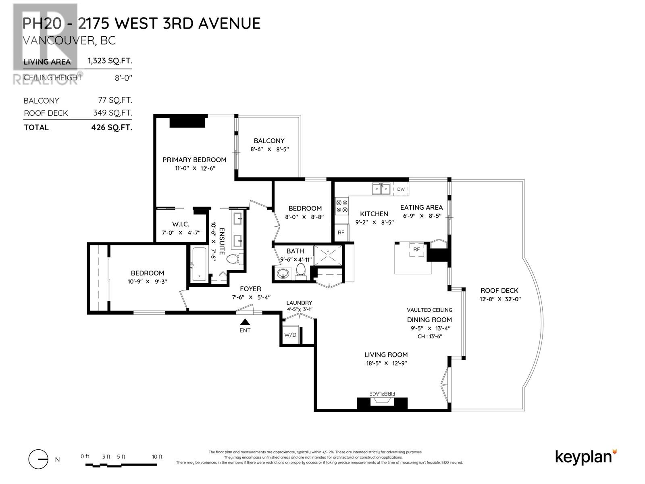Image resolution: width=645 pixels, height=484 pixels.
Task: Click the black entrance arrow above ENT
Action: [x=245, y=322]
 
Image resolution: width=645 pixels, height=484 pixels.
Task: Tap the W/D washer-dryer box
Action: [x=290, y=335]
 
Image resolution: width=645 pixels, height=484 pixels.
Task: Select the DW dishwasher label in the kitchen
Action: [x=401, y=189]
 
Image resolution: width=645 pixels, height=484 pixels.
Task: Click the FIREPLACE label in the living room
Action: [x=383, y=393]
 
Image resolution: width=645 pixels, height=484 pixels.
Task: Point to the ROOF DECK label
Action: [x=499, y=290]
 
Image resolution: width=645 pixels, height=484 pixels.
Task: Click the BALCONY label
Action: [x=269, y=141]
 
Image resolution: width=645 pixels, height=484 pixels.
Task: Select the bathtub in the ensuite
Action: [x=199, y=264]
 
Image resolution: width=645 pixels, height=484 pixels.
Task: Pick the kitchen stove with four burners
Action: [x=342, y=207]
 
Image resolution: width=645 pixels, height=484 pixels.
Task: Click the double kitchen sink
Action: [x=381, y=188]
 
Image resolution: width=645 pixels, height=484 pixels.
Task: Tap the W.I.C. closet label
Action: [x=181, y=224]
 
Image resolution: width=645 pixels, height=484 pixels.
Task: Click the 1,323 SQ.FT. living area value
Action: [x=110, y=61]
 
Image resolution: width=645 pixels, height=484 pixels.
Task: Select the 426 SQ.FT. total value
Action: [x=112, y=127]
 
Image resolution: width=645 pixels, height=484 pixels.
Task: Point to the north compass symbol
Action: [x=38, y=459]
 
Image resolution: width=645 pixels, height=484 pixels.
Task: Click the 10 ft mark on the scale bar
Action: [x=157, y=457]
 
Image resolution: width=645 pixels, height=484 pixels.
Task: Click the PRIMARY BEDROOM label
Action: [x=194, y=160]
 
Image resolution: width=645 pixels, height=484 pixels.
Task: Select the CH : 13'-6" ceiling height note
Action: [x=429, y=336]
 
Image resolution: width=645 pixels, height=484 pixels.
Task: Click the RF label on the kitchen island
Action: [x=416, y=250]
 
